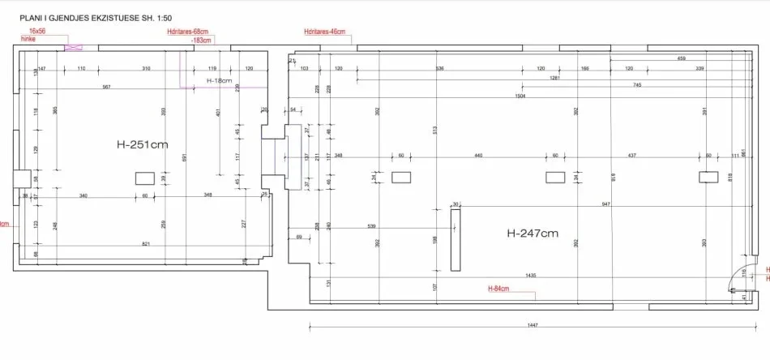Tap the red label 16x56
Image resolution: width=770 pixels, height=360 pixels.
[36, 31]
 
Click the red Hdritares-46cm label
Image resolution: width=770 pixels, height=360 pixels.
[324, 32]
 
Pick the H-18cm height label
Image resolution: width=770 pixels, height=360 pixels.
[219, 81]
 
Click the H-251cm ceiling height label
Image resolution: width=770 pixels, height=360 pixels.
[143, 146]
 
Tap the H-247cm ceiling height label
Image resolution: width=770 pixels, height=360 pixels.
[533, 234]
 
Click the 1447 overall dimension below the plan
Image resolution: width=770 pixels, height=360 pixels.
[532, 325]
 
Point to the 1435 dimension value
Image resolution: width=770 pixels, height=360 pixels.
[531, 276]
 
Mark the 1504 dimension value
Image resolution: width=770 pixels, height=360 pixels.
[520, 95]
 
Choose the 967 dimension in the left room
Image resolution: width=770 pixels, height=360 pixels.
[106, 87]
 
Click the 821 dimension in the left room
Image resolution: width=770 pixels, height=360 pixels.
[146, 244]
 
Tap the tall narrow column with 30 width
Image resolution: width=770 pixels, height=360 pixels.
[455, 240]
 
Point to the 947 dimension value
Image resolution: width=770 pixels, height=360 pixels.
[605, 205]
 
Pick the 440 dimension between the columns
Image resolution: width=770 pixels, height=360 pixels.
[478, 155]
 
